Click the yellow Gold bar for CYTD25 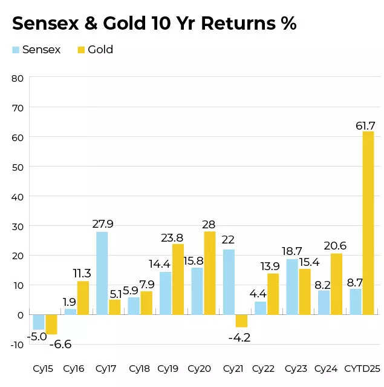368,223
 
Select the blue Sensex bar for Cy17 102,273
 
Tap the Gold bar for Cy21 241,321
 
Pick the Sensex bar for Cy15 39,322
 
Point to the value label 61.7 365,125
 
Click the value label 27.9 103,224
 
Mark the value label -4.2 239,337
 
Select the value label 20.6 334,245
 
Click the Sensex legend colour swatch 16,50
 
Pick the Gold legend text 100,50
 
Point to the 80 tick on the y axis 17,78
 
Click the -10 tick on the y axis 16,345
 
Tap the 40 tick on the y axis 17,197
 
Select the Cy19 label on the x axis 168,368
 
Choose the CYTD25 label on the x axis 362,368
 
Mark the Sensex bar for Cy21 229,282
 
